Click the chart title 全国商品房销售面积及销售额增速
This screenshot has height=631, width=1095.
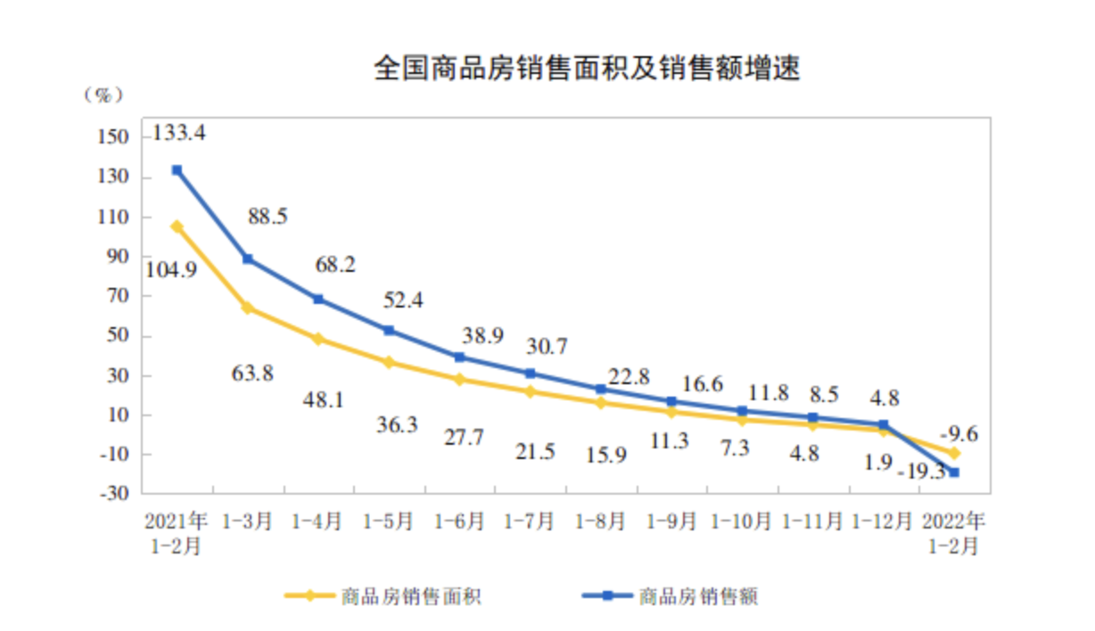[x=586, y=69]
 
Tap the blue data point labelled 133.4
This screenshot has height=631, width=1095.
[x=177, y=169]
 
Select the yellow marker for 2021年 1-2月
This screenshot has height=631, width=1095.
[x=177, y=226]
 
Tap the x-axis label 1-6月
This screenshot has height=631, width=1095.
[x=459, y=520]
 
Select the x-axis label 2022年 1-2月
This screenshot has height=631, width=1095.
[x=955, y=532]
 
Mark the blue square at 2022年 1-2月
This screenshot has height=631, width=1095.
[x=954, y=472]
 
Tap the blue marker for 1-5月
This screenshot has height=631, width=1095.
[x=389, y=331]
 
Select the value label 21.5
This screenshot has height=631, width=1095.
[x=534, y=452]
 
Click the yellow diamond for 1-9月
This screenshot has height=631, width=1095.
[x=671, y=412]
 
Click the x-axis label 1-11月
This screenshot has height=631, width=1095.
[x=812, y=520]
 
